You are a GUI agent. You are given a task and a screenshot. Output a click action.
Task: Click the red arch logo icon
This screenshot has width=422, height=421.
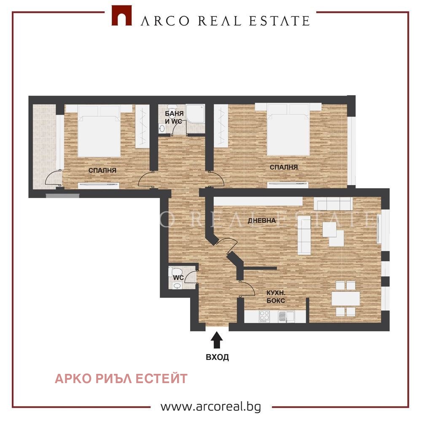click(122, 16)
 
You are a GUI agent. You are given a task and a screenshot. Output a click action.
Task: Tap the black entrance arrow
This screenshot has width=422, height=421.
click(217, 340)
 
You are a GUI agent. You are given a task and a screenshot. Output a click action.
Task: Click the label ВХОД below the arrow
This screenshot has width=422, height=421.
click(217, 357)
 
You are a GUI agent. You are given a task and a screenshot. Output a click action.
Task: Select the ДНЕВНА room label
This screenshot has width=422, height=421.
click(262, 221)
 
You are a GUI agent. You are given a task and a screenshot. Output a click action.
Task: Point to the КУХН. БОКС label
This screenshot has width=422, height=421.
click(276, 296)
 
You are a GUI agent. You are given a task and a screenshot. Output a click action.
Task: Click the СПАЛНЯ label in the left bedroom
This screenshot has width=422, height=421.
click(102, 170)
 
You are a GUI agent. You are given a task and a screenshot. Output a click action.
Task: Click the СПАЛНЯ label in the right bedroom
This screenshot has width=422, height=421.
click(284, 167)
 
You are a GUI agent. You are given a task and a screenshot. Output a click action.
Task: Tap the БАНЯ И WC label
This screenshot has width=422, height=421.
click(174, 117)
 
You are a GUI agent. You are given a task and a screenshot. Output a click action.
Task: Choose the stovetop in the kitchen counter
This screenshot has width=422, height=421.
click(264, 316)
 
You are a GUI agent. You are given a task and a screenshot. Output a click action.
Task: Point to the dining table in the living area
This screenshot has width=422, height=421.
click(346, 298)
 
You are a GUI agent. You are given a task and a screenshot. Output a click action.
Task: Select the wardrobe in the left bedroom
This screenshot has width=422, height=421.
click(142, 126)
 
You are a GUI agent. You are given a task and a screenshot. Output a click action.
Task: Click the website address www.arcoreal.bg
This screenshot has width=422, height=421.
click(211, 407)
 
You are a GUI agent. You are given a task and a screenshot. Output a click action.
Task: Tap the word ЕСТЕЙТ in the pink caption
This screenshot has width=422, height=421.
click(161, 378)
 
